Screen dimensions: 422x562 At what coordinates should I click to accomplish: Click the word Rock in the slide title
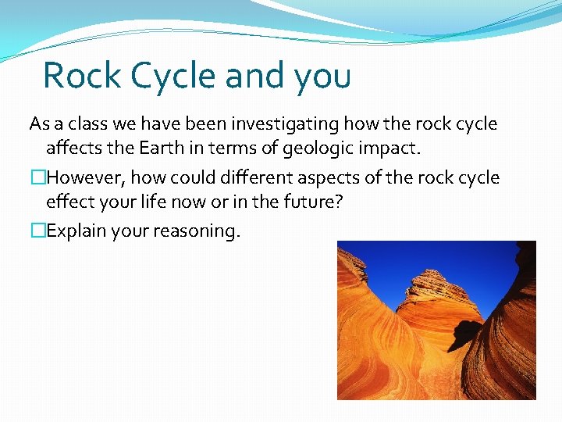coord(81,76)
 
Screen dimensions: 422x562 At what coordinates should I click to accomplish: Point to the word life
coord(148,202)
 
